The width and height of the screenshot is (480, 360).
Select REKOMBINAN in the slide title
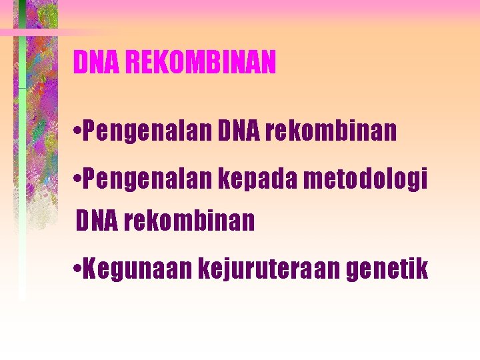(199, 63)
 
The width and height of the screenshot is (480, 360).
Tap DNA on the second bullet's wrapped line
(97, 220)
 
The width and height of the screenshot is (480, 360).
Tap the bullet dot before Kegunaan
(79, 270)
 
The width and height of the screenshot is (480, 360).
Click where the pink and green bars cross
(22, 32)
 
